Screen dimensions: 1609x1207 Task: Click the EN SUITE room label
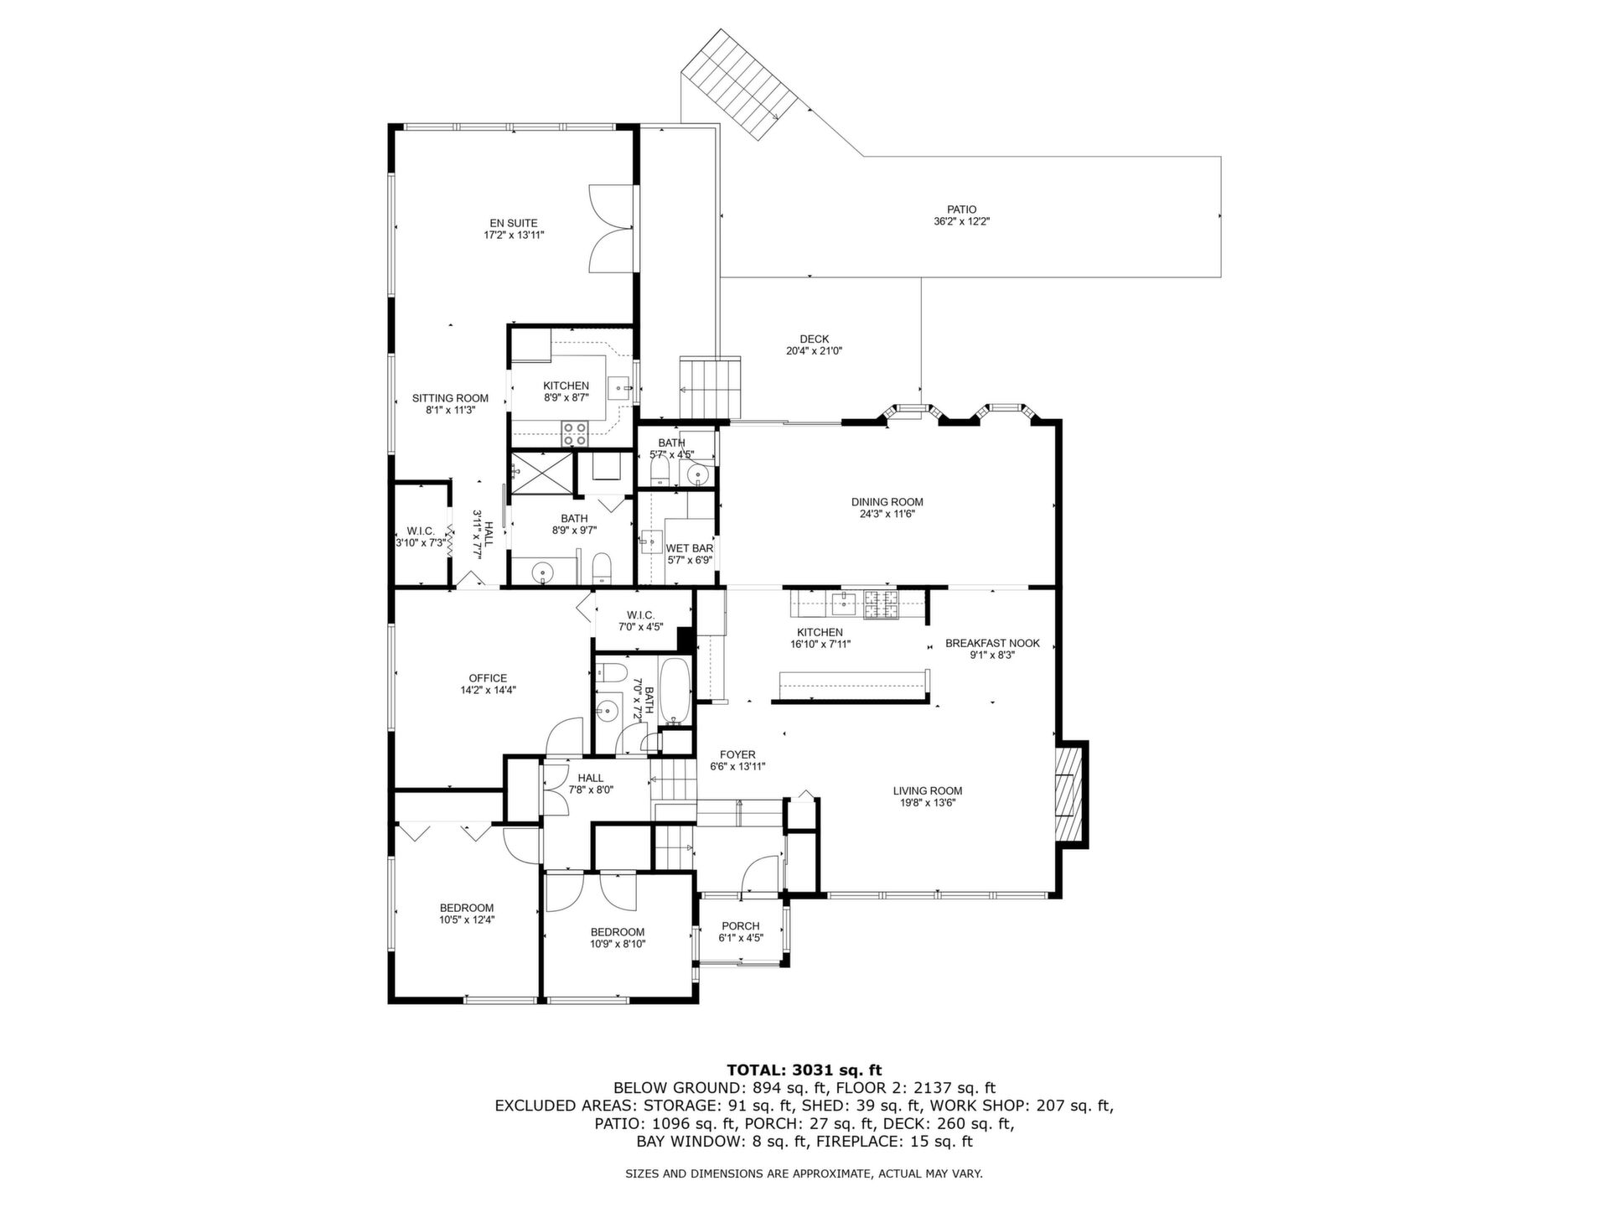point(514,223)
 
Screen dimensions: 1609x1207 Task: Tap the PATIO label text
point(961,210)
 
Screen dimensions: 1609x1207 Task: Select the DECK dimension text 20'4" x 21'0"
point(814,351)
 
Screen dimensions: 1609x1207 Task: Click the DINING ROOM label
point(887,502)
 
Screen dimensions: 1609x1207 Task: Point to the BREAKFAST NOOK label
point(992,644)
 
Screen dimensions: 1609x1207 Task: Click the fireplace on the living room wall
point(1068,794)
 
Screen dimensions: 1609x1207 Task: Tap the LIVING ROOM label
point(927,790)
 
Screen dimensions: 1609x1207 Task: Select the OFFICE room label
point(488,678)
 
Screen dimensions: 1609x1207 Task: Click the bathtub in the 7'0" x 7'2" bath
point(675,692)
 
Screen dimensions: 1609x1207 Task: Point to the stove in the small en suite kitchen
point(575,433)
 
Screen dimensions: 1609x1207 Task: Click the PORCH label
point(741,926)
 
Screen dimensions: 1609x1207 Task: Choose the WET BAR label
point(690,548)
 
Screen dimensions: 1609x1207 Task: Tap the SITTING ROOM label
point(450,398)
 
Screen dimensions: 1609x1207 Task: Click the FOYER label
point(737,754)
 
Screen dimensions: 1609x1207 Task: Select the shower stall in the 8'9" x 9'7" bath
point(543,474)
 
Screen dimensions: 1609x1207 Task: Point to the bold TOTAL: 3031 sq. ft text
point(804,1070)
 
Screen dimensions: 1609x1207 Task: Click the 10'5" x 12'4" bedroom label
point(467,908)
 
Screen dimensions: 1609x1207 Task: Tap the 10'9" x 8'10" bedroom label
point(618,932)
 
